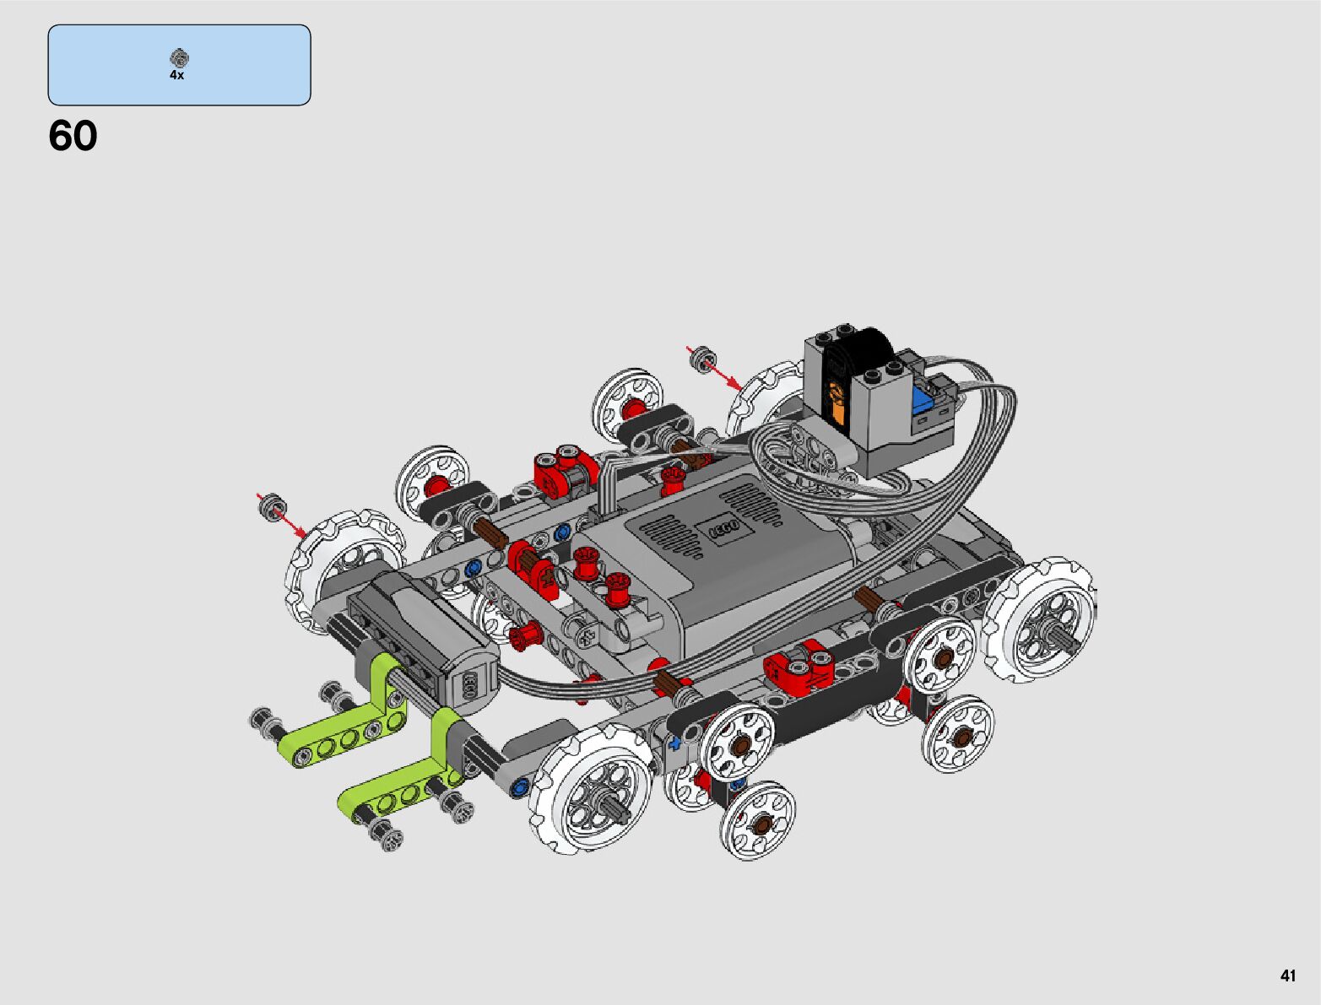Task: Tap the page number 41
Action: tap(1287, 975)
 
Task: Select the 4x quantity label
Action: tap(176, 75)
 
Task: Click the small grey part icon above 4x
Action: tap(179, 57)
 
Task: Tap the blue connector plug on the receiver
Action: tap(922, 399)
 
